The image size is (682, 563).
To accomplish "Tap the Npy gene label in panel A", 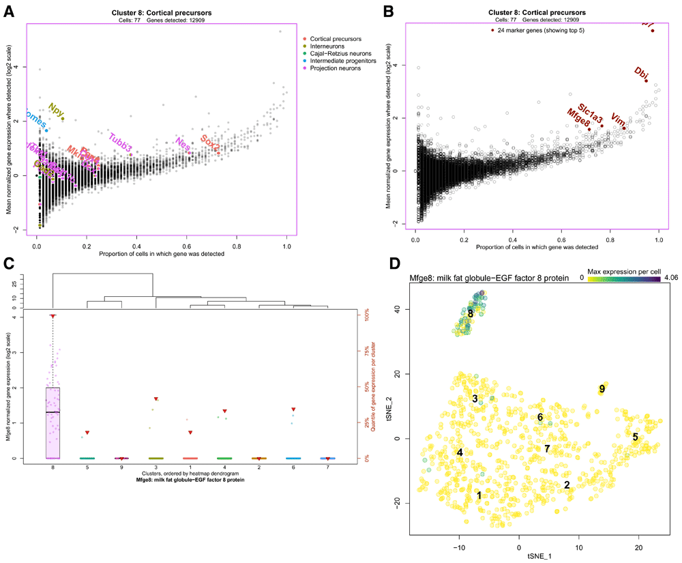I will [56, 109].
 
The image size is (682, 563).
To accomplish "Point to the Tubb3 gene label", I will [119, 140].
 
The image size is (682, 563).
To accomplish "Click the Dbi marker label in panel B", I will [641, 72].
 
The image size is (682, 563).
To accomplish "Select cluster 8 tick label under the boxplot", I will [53, 467].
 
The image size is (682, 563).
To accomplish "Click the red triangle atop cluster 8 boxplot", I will [53, 316].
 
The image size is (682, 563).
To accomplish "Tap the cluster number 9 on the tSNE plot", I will [602, 389].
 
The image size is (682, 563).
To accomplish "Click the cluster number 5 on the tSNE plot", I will [635, 437].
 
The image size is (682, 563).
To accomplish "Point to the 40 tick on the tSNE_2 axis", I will [396, 309].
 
